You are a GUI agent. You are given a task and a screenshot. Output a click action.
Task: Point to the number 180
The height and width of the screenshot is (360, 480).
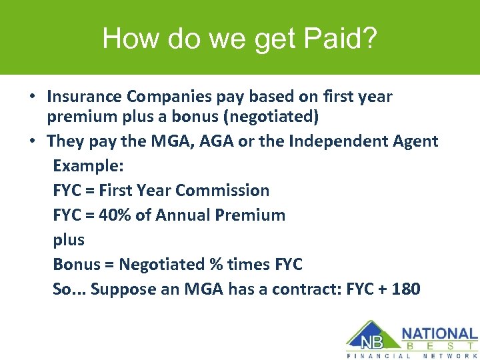407,289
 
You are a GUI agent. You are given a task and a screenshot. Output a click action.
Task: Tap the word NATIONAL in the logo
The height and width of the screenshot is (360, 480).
439,333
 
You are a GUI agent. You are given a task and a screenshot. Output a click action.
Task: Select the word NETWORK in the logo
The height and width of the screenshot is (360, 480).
451,355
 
